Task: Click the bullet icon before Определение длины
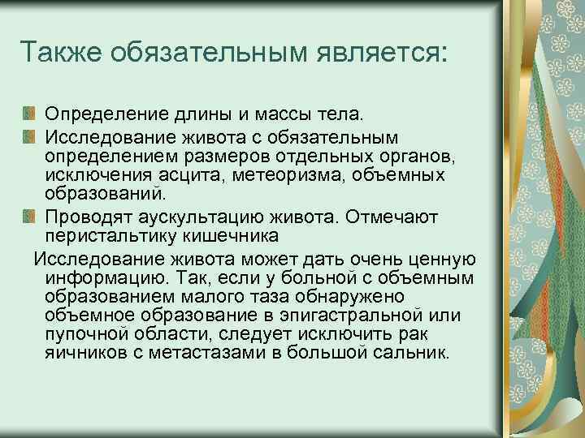pyautogui.click(x=29, y=109)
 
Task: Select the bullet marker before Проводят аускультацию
pyautogui.click(x=29, y=217)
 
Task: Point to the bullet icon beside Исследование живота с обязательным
pyautogui.click(x=29, y=132)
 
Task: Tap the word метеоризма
pyautogui.click(x=263, y=174)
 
